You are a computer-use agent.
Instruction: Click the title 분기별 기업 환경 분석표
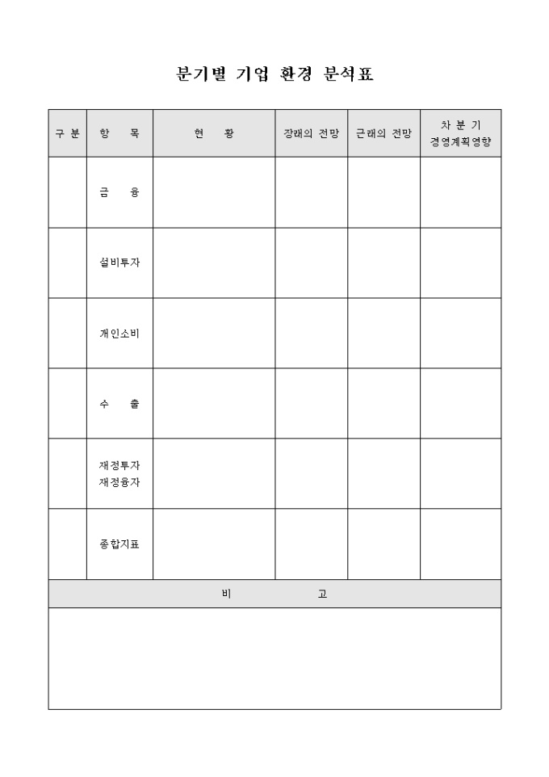(274, 74)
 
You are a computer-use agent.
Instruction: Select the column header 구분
(67, 133)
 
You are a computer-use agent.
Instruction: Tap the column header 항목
(119, 133)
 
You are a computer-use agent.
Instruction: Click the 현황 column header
(214, 133)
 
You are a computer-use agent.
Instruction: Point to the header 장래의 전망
(312, 133)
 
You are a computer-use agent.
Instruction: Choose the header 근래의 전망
(383, 133)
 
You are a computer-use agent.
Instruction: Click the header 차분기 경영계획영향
(460, 133)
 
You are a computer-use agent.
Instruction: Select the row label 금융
(119, 192)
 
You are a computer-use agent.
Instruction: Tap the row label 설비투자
(119, 262)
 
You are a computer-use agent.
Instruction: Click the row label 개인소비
(119, 333)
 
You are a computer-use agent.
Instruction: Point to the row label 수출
(119, 403)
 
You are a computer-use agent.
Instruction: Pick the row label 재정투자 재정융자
(119, 473)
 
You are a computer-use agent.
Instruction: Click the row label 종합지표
(119, 544)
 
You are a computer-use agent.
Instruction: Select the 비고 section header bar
(274, 594)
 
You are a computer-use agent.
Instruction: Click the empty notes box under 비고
(274, 658)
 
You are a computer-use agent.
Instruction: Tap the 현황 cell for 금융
(214, 192)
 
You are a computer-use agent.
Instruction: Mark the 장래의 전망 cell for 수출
(312, 403)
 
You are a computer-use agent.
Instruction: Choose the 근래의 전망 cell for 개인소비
(383, 333)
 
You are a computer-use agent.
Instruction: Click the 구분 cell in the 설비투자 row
(67, 262)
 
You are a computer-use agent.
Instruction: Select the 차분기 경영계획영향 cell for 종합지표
(460, 544)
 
